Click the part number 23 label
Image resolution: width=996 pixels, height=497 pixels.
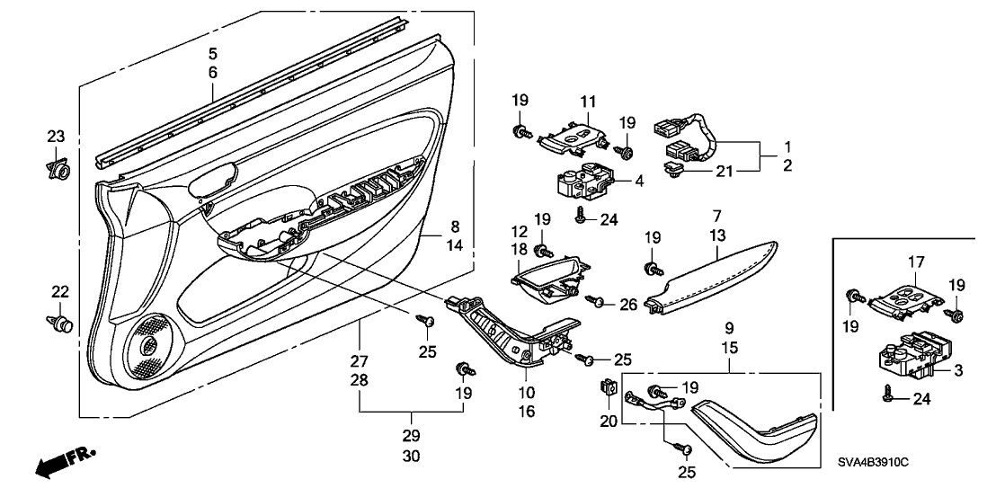pyautogui.click(x=56, y=137)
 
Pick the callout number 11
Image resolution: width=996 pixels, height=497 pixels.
pyautogui.click(x=587, y=102)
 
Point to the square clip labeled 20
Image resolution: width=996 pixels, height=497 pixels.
pyautogui.click(x=606, y=389)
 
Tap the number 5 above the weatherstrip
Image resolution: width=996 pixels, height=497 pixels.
pyautogui.click(x=213, y=53)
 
